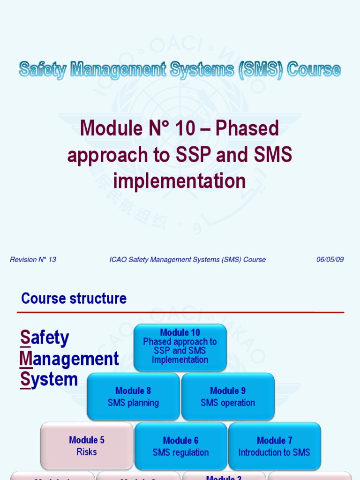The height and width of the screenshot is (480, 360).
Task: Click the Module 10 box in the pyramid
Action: point(180,347)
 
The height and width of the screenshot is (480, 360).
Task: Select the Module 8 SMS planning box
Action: point(133,397)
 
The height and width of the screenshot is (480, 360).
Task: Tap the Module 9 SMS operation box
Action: point(228,397)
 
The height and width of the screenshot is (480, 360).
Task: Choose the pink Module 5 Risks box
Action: point(87,446)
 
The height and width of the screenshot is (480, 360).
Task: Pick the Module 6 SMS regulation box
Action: point(180,446)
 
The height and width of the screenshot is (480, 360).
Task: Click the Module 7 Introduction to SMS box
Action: point(274,446)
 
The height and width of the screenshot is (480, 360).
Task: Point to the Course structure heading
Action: point(74,299)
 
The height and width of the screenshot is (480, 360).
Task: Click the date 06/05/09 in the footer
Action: point(330,260)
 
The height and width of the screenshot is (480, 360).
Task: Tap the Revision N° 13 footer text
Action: point(33,260)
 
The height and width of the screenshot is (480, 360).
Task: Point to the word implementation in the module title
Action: point(180,181)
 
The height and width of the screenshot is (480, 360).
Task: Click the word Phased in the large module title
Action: point(247,128)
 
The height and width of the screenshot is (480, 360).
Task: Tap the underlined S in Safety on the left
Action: point(25,337)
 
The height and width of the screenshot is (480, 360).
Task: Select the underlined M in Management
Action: point(26,359)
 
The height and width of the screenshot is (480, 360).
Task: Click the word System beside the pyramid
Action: point(49,379)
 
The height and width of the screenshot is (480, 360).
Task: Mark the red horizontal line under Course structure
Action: point(180,312)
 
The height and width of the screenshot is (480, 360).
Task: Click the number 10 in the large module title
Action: point(184,128)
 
